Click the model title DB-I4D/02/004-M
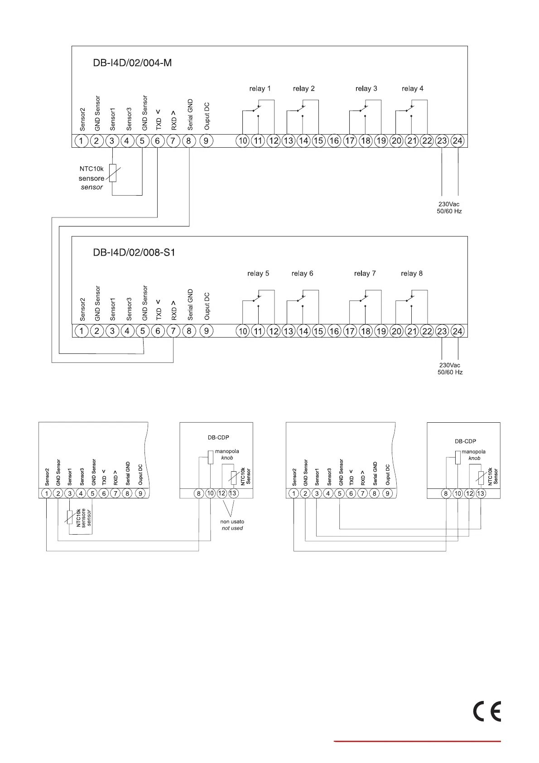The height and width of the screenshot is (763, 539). (132, 63)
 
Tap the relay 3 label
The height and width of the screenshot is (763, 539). (366, 89)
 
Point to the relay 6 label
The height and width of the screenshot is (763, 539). (302, 274)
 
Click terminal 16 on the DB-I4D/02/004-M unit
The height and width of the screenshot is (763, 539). (334, 140)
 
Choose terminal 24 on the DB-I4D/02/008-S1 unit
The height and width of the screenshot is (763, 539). (457, 331)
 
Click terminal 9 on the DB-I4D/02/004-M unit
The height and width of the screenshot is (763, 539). (206, 140)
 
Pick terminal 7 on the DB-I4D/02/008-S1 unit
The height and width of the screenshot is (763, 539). (173, 331)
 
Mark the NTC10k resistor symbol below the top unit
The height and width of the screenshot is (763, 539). (113, 173)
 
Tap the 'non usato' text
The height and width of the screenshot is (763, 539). (232, 522)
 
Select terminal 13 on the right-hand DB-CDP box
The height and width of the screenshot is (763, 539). (481, 493)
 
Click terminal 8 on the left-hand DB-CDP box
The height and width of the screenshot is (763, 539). (199, 493)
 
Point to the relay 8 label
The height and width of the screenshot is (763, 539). (412, 274)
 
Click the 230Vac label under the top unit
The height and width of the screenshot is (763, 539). (449, 204)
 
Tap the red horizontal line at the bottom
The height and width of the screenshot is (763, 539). (417, 742)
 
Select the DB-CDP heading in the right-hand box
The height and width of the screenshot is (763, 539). (465, 441)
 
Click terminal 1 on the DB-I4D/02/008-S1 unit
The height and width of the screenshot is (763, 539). (82, 331)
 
